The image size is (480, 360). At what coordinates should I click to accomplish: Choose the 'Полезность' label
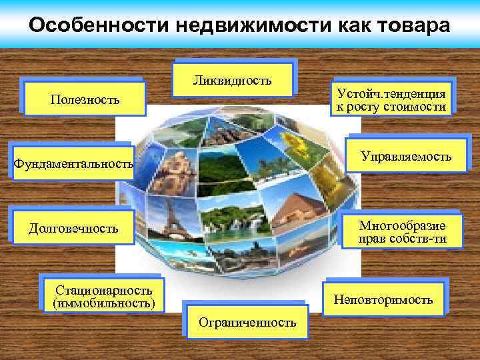coord(85,100)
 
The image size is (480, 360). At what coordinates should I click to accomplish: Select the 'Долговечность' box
coord(73,229)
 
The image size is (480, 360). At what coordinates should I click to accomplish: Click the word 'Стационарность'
coord(104,290)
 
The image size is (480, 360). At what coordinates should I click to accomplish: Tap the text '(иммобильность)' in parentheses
coord(104,304)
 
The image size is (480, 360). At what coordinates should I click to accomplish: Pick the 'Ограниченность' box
coord(247,323)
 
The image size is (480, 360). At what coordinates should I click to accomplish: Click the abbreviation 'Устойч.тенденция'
coord(391,94)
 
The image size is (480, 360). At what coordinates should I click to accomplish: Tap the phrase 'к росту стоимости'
coord(391,107)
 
